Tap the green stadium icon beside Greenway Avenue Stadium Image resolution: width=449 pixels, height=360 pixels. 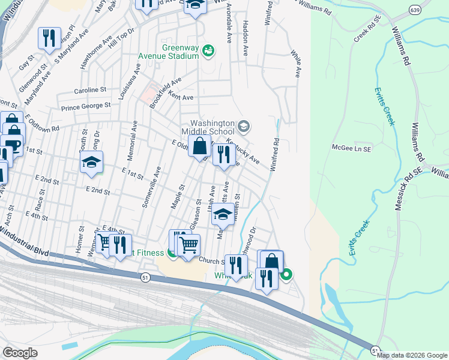click(208, 49)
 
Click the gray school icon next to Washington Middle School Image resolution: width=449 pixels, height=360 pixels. click(243, 126)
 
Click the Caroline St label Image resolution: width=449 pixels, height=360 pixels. click(89, 89)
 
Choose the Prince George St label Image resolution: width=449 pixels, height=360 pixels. click(86, 106)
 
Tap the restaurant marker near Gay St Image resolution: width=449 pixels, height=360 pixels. click(49, 38)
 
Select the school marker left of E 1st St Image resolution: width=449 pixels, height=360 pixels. click(91, 162)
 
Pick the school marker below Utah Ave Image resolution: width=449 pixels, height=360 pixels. click(223, 214)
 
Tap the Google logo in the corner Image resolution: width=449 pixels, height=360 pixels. click(20, 353)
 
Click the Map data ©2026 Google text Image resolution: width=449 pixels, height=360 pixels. click(412, 355)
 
